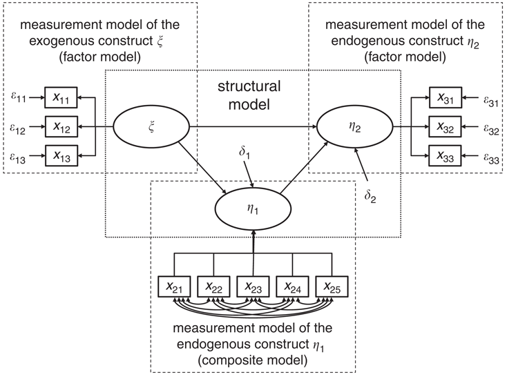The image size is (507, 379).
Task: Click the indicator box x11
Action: tap(61, 97)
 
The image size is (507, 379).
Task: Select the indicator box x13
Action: tap(61, 156)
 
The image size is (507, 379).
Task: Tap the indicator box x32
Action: tap(445, 126)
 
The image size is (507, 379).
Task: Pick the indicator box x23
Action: tap(253, 286)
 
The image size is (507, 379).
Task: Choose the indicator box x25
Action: tap(332, 286)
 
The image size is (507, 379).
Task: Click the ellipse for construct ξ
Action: tap(151, 127)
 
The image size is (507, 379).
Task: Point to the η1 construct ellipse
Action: tap(253, 209)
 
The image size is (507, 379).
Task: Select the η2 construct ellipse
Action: tap(355, 127)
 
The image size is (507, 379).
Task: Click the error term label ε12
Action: tap(17, 128)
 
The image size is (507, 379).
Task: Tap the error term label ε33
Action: tap(491, 157)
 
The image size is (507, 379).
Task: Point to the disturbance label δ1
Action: tap(245, 152)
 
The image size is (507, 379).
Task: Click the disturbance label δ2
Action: tap(370, 196)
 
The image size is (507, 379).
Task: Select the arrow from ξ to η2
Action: tap(254, 127)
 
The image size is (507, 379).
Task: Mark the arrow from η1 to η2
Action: tap(305, 168)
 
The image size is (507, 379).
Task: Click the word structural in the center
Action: tap(249, 86)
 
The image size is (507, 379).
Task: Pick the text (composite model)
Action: tap(253, 360)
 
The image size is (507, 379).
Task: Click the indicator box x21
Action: tap(174, 286)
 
